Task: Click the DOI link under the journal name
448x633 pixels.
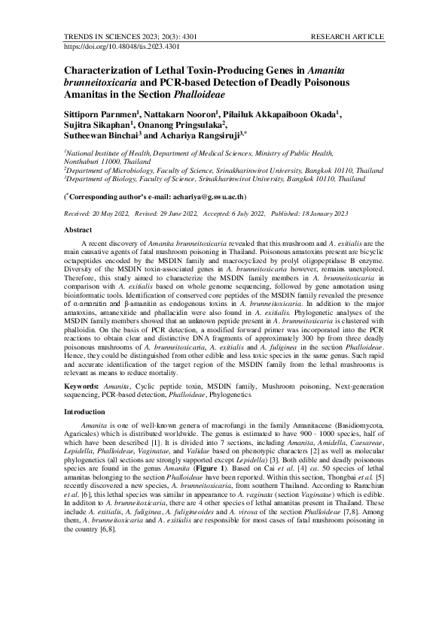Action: [x=122, y=47]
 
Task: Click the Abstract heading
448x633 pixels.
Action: [x=78, y=229]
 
